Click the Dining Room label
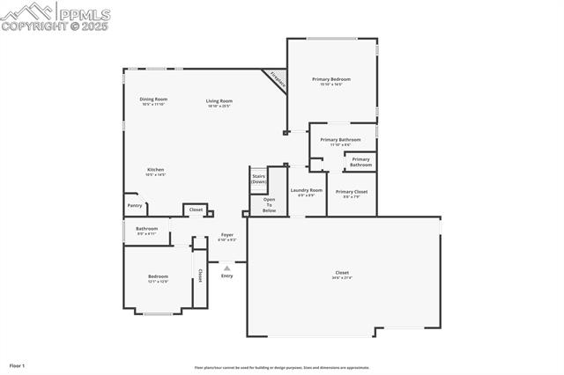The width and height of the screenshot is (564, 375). (x=153, y=99)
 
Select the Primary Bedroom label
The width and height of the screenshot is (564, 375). (x=331, y=79)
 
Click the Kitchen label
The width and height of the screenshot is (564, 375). (x=155, y=170)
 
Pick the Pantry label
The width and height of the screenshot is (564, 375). (x=135, y=205)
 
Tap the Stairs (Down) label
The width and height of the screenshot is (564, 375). (x=259, y=179)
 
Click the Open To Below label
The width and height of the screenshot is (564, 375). (x=270, y=205)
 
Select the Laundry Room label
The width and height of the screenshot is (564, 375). (x=307, y=190)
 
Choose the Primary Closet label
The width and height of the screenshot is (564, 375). (x=352, y=192)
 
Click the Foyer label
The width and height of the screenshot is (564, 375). (x=227, y=235)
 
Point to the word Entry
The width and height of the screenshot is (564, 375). (x=227, y=276)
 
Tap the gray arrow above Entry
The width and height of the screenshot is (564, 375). (x=226, y=268)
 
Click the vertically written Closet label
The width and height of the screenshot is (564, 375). (x=200, y=276)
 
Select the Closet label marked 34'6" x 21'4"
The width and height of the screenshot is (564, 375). (x=342, y=273)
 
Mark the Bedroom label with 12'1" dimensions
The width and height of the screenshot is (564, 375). (x=158, y=277)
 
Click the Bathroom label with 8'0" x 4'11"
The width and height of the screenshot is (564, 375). (x=146, y=229)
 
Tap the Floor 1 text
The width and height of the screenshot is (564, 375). (x=18, y=364)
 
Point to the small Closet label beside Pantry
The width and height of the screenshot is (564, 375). (x=196, y=210)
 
